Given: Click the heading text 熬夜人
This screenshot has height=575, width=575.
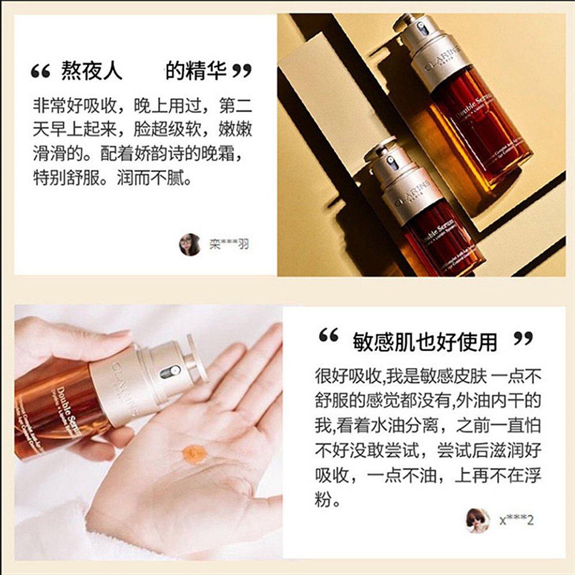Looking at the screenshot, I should [91, 72].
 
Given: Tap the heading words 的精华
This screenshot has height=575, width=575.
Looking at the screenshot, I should [194, 72].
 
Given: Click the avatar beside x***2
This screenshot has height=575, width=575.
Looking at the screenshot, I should [478, 520].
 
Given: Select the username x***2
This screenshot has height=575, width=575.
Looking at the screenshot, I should [516, 521].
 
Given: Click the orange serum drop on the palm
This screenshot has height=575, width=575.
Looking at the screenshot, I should [194, 454].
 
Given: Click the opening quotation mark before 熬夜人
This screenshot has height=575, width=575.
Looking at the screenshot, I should [41, 72].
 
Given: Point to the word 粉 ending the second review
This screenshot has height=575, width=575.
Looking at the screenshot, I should [324, 499].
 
